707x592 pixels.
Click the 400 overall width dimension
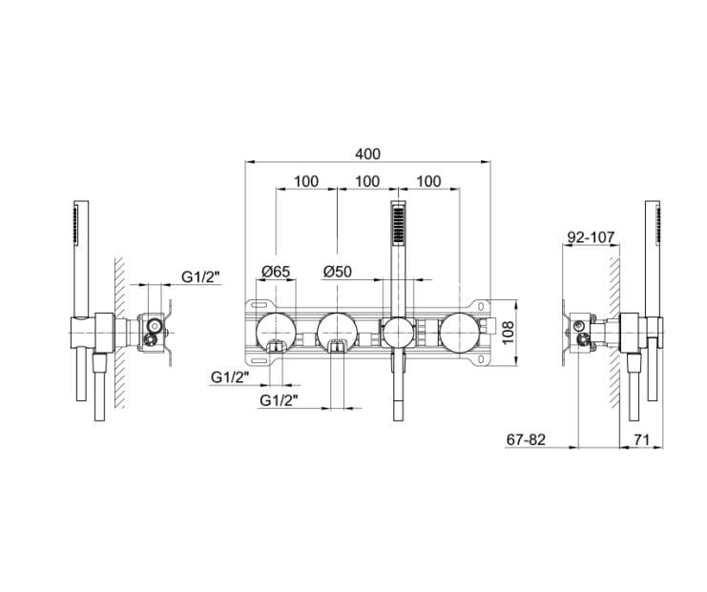click(368, 153)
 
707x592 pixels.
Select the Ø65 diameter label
click(276, 272)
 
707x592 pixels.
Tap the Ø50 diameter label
click(337, 272)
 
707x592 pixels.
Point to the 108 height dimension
click(509, 333)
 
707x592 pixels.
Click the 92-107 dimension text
click(591, 237)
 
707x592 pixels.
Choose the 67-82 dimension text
click(526, 439)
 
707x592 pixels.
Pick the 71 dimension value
click(641, 439)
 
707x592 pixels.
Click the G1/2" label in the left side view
click(201, 276)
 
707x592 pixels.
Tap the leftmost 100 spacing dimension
click(306, 181)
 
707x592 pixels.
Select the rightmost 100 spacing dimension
click(428, 181)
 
